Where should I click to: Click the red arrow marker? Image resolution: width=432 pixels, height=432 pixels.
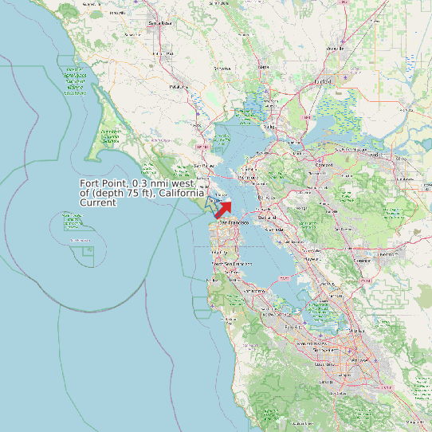(224, 208)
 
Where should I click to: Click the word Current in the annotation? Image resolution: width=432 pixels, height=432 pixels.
(99, 202)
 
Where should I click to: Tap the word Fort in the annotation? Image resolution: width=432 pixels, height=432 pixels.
(91, 184)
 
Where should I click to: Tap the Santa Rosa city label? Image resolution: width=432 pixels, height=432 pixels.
(161, 23)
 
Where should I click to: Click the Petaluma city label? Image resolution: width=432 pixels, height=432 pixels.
(179, 86)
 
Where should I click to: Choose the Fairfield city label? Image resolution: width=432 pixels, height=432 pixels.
(323, 81)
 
